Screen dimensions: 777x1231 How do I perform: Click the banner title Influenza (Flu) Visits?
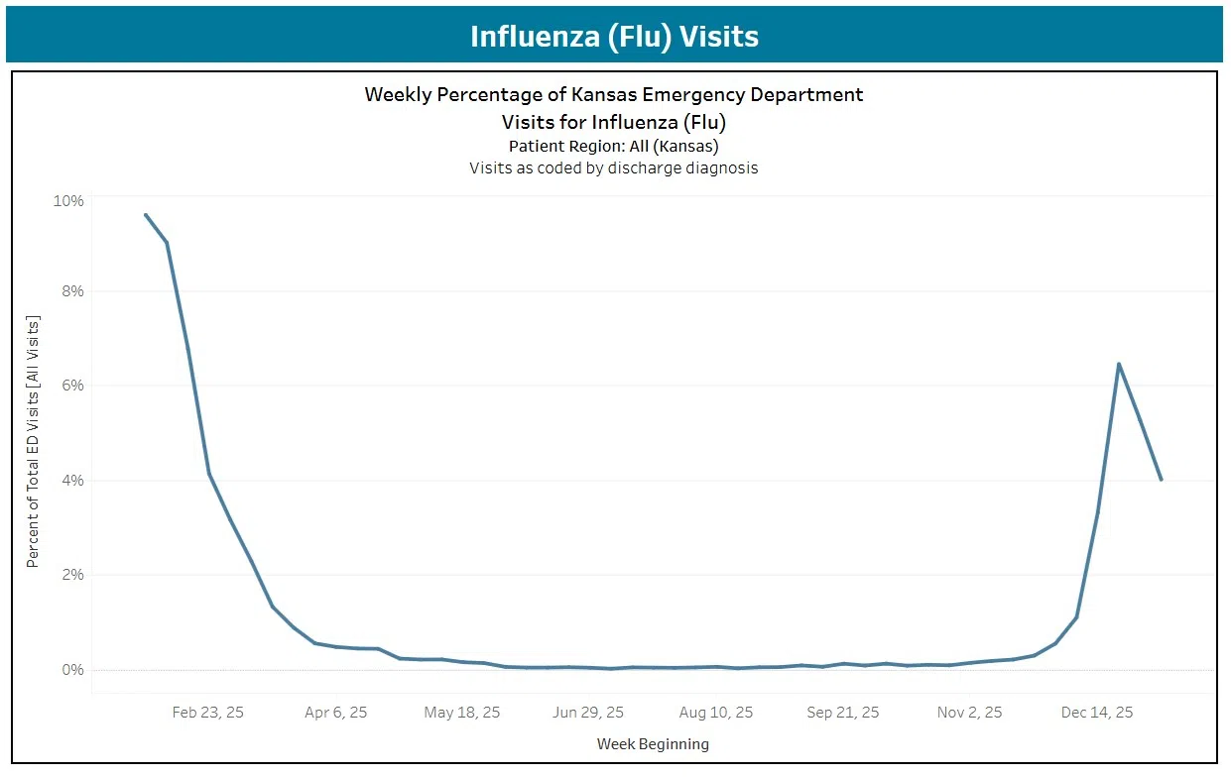614,37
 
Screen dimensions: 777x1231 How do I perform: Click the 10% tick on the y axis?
68,201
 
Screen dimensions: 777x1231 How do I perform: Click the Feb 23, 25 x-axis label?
207,713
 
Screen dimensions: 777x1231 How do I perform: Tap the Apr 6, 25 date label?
336,713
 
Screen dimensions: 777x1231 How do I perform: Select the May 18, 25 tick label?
462,713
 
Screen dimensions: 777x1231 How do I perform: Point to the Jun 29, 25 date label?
588,713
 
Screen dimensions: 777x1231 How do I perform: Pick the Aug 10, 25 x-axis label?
716,713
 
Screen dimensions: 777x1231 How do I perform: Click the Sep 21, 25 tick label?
843,713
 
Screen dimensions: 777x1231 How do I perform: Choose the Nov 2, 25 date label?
970,713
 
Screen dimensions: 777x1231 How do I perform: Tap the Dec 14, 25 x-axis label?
1097,713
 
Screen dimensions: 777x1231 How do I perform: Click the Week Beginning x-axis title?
653,743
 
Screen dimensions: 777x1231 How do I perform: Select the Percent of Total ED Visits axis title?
33,442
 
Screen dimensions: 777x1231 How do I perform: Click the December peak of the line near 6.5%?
1119,364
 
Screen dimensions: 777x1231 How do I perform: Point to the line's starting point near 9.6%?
146,214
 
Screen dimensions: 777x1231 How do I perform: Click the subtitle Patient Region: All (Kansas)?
613,146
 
